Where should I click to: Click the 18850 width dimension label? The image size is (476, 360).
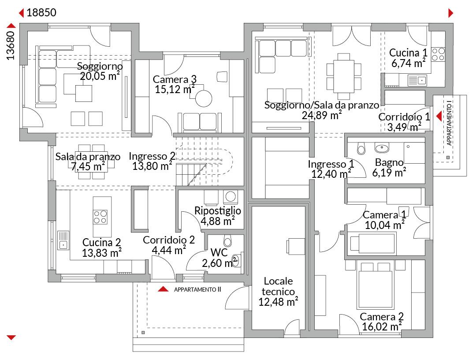tap(41, 13)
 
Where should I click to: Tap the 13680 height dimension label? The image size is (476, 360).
tap(11, 45)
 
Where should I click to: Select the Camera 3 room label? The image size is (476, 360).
tap(175, 79)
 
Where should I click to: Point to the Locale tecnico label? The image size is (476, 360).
tap(278, 286)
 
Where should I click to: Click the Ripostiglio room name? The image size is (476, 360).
tap(218, 210)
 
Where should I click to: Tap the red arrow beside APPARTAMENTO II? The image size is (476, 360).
tap(163, 289)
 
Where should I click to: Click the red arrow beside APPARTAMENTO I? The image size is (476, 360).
tap(439, 116)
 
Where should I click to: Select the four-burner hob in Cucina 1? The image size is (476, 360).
tap(438, 55)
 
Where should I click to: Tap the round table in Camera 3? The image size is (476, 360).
tap(203, 98)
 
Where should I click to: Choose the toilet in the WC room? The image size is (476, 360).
tap(227, 240)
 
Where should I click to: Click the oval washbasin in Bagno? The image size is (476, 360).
tap(382, 148)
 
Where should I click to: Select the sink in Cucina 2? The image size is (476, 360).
tap(63, 240)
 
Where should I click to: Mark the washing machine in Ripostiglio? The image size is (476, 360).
tap(231, 197)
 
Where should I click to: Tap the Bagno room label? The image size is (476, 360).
tap(389, 162)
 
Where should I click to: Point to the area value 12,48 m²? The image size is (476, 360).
tap(278, 302)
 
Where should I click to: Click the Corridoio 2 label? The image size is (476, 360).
tap(169, 240)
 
